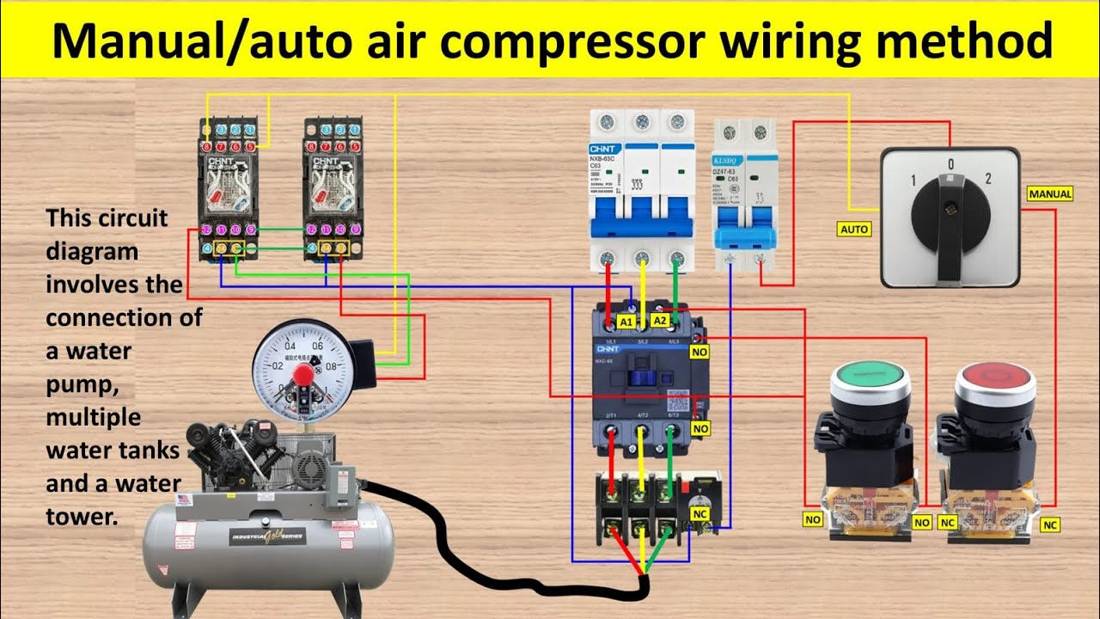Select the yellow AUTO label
tap(853, 229)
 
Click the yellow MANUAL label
tap(1050, 194)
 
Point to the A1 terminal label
tap(626, 322)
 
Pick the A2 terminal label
tap(660, 320)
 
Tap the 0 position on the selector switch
tap(950, 163)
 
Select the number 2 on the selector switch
tap(989, 180)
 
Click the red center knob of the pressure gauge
tap(302, 375)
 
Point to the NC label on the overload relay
tap(700, 513)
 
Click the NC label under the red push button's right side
tap(1050, 524)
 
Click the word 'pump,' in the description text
tap(78, 384)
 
